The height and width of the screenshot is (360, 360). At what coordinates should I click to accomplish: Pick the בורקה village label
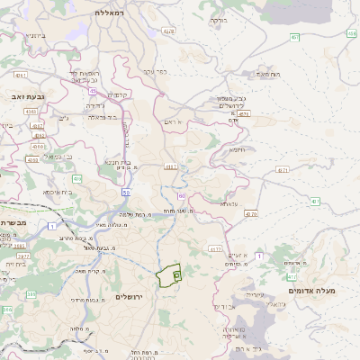coord(217,19)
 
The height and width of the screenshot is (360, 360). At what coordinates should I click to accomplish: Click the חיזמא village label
coord(238,149)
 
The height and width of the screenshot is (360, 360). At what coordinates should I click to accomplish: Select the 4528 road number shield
coord(168,31)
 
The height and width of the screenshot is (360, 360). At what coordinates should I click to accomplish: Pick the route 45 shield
coord(93,89)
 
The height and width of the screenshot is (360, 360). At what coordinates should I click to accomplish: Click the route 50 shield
coord(126,193)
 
